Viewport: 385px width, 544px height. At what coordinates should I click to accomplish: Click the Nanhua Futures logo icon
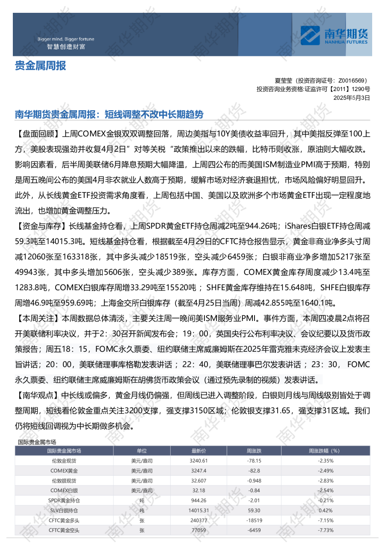(x=310, y=35)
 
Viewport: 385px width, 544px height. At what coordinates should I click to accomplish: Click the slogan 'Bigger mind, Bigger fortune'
(x=66, y=39)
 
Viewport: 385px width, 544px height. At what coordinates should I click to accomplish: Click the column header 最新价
(x=198, y=451)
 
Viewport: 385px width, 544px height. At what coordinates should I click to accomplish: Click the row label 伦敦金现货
(x=64, y=461)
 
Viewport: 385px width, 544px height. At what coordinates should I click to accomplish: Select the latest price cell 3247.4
(x=198, y=470)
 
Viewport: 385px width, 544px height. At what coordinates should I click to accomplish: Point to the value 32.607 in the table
(x=198, y=480)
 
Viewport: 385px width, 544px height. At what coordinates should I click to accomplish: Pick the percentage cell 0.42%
(x=326, y=510)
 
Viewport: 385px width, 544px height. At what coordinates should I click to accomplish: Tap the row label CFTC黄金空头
(x=64, y=530)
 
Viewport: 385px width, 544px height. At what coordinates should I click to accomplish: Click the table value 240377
(x=198, y=520)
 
